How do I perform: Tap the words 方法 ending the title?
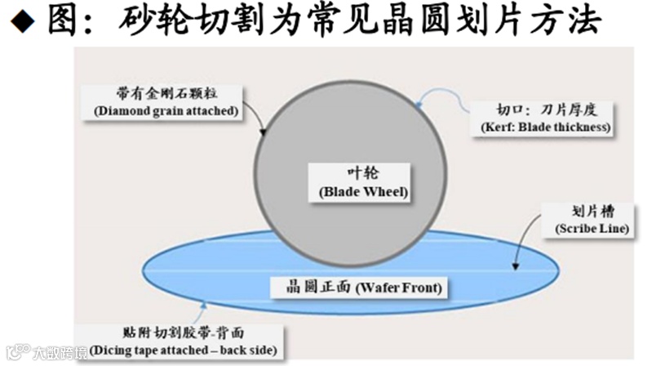pos(570,21)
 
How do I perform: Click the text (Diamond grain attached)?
pos(166,110)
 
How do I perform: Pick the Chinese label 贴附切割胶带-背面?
pos(187,333)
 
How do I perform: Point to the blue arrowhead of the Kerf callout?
pos(418,105)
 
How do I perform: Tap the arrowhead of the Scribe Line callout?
pos(516,266)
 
